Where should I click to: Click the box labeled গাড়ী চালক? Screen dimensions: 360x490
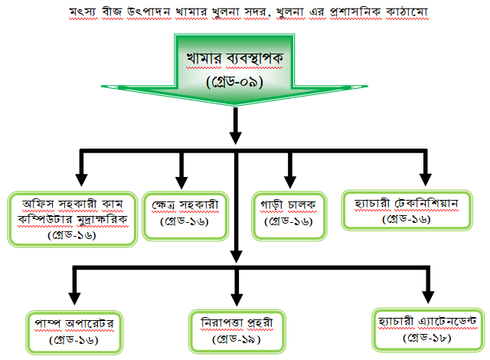(x=289, y=212)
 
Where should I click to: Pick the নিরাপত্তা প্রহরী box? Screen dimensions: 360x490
(x=235, y=329)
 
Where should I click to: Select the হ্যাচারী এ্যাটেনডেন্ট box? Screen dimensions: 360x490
(x=427, y=327)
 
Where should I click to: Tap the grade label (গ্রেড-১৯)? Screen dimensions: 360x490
(x=235, y=337)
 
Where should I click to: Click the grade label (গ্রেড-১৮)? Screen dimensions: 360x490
(x=427, y=335)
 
